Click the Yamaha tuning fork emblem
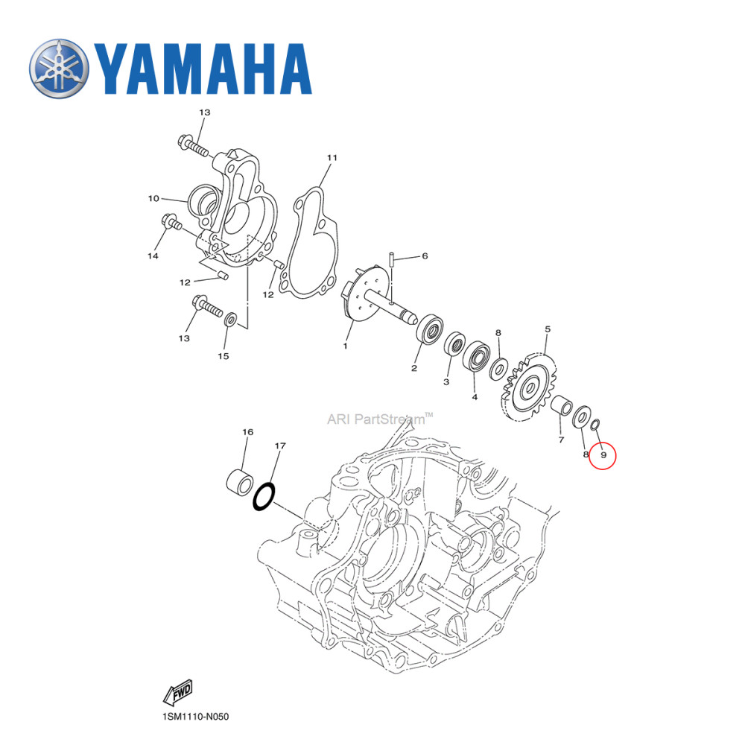[59, 69]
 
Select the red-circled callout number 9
[603, 454]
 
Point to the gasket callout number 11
[332, 158]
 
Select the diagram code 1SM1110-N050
[194, 717]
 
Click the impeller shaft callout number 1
[346, 346]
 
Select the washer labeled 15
[231, 320]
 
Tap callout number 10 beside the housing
[153, 199]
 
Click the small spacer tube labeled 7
[561, 406]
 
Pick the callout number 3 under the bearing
[446, 381]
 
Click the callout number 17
[280, 447]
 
